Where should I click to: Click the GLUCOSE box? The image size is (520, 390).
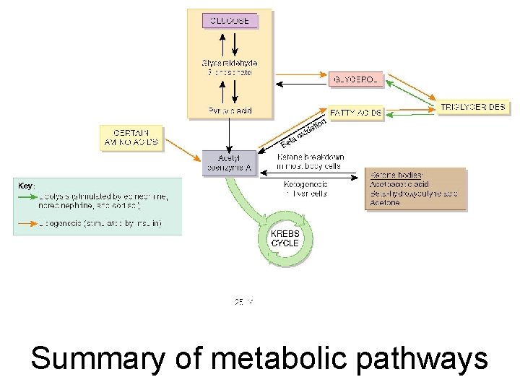[230, 20]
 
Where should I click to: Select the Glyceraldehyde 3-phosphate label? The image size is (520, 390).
[229, 67]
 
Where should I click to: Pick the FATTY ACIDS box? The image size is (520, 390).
[356, 113]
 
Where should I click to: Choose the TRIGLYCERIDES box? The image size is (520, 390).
[473, 107]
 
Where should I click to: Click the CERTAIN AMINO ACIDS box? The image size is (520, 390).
[131, 138]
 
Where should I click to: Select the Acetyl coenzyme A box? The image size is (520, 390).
[228, 162]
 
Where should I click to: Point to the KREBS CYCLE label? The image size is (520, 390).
[285, 239]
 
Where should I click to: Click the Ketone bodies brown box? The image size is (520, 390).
[415, 189]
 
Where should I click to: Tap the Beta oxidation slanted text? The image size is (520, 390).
[303, 134]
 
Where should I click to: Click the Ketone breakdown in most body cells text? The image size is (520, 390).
[311, 162]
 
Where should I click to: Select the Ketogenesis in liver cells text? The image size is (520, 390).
[306, 188]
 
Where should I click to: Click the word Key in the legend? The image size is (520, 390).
[26, 186]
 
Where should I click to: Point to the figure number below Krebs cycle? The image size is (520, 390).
[243, 301]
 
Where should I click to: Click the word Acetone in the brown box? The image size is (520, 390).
[385, 203]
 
